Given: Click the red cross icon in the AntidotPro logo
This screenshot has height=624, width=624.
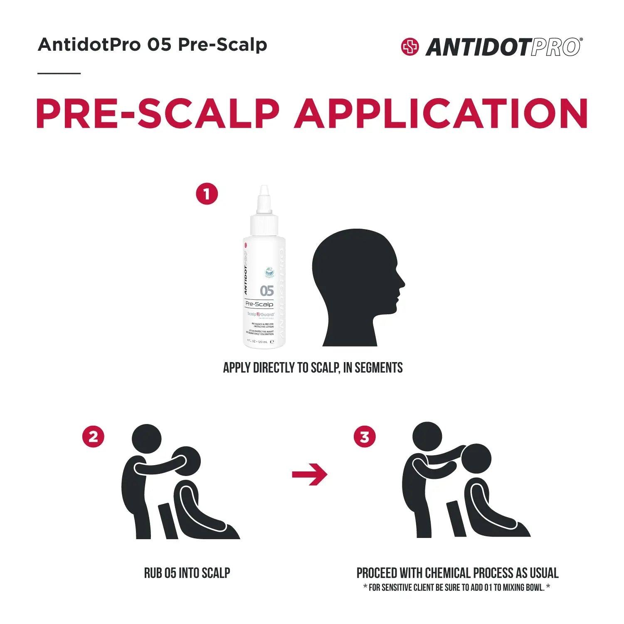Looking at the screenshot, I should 410,47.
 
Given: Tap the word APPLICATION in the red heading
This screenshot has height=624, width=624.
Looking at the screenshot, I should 440,113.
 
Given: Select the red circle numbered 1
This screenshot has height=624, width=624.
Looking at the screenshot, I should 207,194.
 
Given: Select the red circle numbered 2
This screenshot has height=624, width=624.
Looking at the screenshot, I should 93,437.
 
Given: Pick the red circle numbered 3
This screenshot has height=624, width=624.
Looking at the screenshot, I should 365,437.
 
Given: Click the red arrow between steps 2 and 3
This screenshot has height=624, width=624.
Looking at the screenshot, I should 309,474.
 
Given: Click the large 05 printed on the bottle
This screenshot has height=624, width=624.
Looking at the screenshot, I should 266,290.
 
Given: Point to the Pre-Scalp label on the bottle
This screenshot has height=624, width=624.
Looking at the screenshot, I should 259,304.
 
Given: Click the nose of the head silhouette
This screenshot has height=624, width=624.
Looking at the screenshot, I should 401,283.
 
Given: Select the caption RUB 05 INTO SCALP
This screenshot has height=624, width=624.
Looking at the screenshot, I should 187,573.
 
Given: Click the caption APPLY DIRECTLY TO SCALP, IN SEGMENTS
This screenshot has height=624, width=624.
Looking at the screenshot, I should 313,368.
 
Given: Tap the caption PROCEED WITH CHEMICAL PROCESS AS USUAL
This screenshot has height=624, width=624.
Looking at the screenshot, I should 457,573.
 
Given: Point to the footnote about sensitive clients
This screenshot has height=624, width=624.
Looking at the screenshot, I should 456,588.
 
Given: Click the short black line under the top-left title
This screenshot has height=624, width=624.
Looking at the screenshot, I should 59,74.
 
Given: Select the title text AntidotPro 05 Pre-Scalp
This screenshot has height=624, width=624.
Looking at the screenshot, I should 152,44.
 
